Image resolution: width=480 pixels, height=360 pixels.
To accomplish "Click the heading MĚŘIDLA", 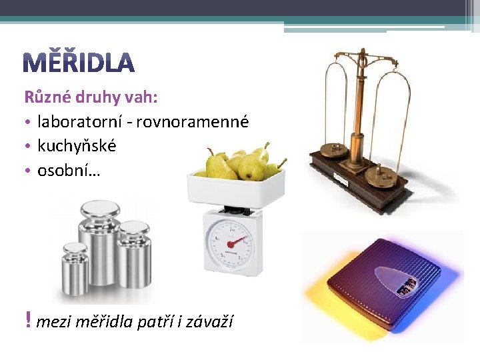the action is tap(79, 62).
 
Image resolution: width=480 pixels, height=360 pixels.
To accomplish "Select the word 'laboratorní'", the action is tap(79, 121).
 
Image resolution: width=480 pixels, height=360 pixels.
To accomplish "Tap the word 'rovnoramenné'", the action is tap(193, 122).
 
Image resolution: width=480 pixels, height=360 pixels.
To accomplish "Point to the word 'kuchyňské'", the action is tap(77, 145).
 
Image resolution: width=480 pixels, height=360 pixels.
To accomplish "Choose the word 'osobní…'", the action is tap(69, 170).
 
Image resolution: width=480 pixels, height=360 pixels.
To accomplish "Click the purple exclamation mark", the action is tap(28, 319).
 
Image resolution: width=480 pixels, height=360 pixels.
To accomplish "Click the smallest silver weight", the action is tap(75, 269).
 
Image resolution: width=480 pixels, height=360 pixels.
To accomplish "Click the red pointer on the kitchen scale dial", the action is tap(236, 241).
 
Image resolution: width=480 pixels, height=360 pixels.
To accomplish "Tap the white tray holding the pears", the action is tap(236, 189).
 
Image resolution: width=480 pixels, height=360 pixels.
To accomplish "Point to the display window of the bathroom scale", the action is tap(407, 288).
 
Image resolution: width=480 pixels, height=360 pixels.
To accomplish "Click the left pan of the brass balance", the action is tap(334, 150).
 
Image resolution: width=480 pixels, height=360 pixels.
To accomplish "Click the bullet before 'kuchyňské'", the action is tap(28, 146).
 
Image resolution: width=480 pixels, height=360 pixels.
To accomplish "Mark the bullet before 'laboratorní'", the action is tap(28, 122).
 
